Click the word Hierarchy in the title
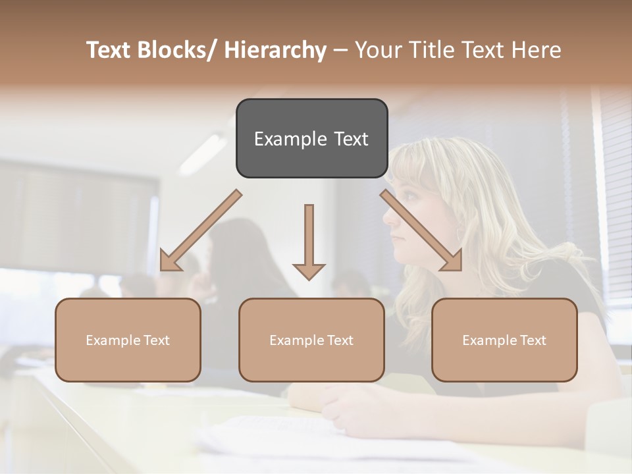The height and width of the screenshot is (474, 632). [275, 50]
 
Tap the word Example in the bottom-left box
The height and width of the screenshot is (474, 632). [113, 340]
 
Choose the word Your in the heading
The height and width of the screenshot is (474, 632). [377, 50]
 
